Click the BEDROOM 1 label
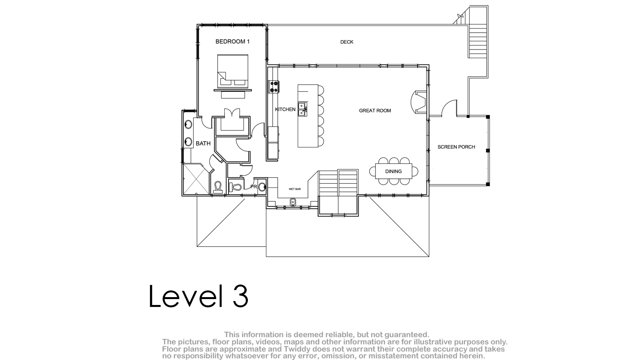point(233,42)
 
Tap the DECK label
point(347,42)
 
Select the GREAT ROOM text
point(375,110)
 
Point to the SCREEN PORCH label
point(456,147)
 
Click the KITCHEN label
point(285,109)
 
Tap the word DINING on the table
point(394,171)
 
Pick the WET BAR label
point(295,189)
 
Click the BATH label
point(203,143)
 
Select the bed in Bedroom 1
point(233,71)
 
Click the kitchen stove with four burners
point(274,87)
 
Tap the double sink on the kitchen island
point(302,109)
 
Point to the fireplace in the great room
point(419,102)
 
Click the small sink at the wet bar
point(293,202)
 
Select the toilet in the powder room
point(236,187)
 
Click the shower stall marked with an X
point(196,179)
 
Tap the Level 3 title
point(199,296)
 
